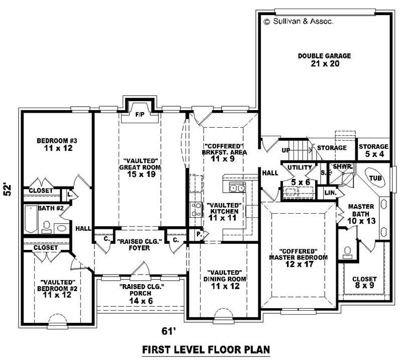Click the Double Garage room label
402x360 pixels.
tap(324, 60)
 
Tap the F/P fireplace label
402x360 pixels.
tap(140, 115)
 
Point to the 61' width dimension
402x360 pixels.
tap(168, 331)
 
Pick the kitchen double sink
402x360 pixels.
tap(236, 189)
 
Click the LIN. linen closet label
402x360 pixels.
tap(330, 193)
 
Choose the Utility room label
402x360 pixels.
tap(296, 167)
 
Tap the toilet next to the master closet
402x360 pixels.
tap(346, 251)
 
